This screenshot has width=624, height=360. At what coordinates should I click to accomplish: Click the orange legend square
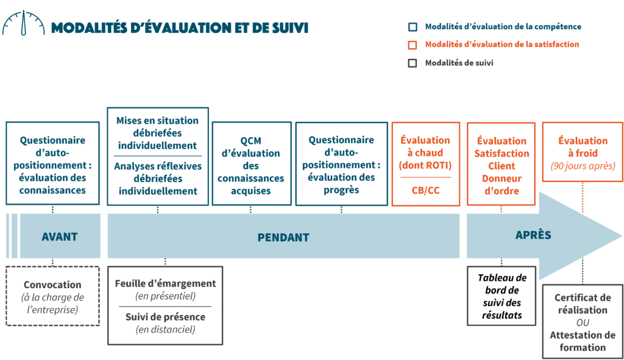coord(413,44)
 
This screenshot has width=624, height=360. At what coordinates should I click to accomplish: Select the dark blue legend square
coord(413,27)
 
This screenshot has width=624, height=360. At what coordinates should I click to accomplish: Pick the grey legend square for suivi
coord(413,63)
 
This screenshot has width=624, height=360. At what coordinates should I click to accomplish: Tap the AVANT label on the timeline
coord(60,236)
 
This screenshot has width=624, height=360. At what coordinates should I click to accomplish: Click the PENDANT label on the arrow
coord(283,237)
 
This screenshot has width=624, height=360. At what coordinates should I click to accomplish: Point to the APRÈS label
coord(533,235)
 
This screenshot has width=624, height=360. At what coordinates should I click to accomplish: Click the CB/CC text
coord(425,191)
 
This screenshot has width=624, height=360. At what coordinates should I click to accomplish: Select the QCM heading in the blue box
coord(250,141)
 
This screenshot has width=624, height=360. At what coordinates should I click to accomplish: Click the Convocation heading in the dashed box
coord(52,284)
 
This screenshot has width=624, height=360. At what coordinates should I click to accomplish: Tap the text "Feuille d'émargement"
coord(165,283)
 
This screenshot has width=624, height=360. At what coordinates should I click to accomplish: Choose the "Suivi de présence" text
coord(165,317)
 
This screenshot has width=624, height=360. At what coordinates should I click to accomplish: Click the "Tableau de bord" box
coord(502,296)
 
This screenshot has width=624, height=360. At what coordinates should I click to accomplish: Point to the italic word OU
coord(583,322)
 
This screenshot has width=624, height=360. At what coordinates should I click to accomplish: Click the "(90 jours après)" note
coord(583,166)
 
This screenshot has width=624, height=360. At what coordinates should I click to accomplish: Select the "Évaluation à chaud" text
coord(425,146)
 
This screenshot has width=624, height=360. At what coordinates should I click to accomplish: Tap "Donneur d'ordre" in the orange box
coord(502,185)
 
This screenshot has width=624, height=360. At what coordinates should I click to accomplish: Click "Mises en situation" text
coord(157,121)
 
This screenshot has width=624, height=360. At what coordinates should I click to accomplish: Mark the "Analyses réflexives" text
coord(157,166)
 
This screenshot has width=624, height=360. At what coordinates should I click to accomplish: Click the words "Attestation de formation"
coord(583,341)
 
